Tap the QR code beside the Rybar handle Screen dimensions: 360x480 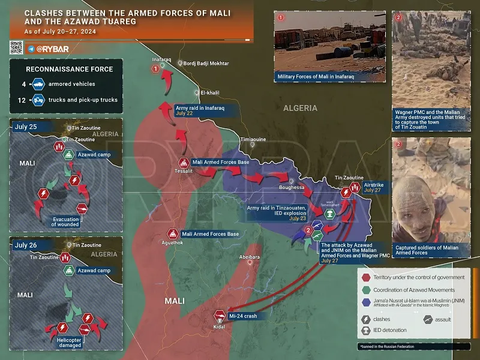tap(16, 48)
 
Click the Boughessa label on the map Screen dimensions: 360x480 tap(292, 188)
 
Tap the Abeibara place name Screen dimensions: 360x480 tap(250, 257)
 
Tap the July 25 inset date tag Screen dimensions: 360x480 tap(26, 127)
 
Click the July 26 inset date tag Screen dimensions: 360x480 tap(26, 245)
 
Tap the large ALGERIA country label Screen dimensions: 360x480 tap(301, 108)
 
